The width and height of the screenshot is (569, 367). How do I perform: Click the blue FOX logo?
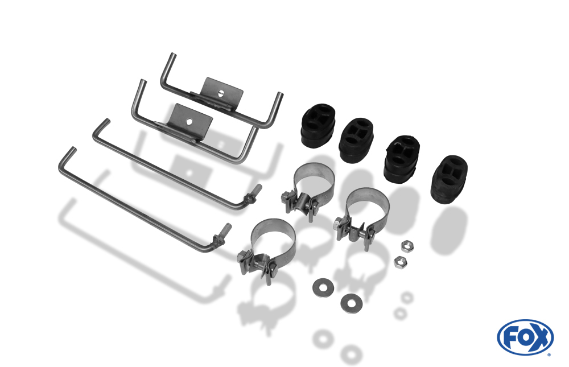coord(525,337)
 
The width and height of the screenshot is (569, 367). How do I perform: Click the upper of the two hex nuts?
coord(407,247)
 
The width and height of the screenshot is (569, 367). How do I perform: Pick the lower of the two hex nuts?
coord(401,262)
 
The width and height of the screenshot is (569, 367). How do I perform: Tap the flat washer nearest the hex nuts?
coord(351,303)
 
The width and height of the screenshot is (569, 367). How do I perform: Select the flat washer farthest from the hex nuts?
coord(323,287)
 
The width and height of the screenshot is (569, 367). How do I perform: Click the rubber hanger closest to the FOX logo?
coord(449,180)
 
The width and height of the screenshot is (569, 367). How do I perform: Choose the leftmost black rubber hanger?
coord(318,126)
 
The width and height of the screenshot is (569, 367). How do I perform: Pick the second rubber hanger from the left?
coord(356,140)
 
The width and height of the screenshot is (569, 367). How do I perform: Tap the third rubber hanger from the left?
coord(402,158)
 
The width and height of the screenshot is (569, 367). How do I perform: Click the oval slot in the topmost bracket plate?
coord(220,93)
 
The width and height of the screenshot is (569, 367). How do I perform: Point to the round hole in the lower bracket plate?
coord(189,122)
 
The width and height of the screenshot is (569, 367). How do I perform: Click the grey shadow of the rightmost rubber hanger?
coord(448,229)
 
